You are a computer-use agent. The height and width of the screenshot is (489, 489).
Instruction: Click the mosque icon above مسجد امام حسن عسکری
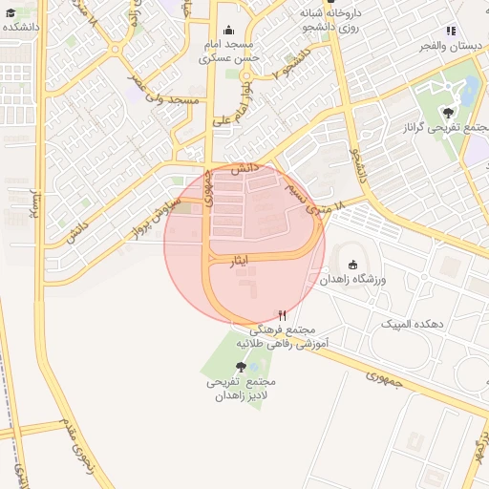click(228, 31)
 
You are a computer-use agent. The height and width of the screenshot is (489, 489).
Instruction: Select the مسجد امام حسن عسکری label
click(229, 52)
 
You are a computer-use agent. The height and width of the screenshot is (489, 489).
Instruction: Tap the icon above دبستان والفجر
click(451, 30)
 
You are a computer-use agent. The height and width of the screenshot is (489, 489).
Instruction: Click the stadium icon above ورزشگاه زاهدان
click(353, 265)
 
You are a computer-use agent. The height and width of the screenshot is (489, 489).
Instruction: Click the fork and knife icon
click(281, 315)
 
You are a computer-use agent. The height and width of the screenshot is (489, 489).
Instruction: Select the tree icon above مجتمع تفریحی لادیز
click(240, 367)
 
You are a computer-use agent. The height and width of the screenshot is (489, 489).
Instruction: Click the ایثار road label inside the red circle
click(241, 261)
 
